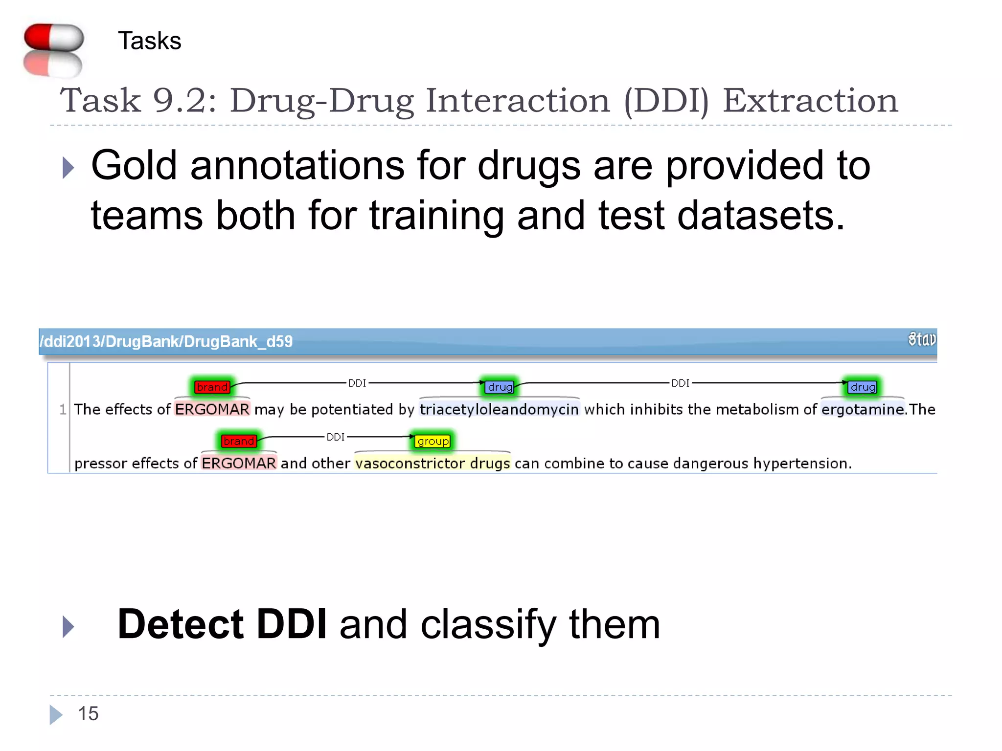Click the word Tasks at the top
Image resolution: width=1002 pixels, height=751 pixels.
point(149,41)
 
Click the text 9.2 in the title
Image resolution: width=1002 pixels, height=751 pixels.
point(184,101)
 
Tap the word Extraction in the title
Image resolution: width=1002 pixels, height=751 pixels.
point(810,101)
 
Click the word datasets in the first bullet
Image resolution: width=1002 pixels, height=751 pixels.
point(761,216)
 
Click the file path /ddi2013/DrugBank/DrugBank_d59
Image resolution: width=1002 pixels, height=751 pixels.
point(166,341)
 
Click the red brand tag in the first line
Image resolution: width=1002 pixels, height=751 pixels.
point(212,387)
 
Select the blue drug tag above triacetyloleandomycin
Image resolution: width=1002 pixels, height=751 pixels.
point(500,387)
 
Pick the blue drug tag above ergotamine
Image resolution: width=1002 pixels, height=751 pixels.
point(862,387)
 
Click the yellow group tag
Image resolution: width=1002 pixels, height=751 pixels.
point(433,441)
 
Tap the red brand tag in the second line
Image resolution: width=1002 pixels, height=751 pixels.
point(238,441)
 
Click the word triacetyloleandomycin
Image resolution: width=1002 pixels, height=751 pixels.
point(499,409)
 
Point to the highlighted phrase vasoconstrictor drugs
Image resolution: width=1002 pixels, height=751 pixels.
point(433,463)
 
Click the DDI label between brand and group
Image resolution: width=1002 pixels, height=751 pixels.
point(336,437)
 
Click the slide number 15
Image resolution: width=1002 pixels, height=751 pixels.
point(88,714)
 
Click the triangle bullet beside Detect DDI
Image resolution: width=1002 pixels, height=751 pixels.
point(68,626)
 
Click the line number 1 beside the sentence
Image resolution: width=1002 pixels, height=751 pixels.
point(63,409)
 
